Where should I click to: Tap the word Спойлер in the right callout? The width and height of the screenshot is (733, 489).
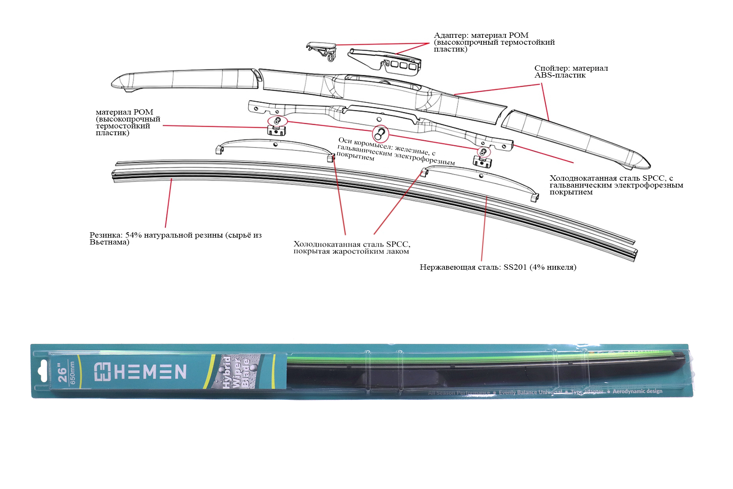[x=552, y=68]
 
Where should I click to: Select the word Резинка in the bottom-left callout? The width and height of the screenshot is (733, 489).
[x=106, y=235]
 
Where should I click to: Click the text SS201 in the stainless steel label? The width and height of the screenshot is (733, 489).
[x=515, y=267]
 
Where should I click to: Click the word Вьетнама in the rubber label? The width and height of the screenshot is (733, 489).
[x=109, y=242]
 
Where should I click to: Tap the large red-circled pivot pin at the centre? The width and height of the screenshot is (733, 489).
[x=380, y=134]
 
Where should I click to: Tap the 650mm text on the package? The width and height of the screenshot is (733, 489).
[x=73, y=373]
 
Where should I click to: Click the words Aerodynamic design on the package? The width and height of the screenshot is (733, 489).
[x=637, y=391]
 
